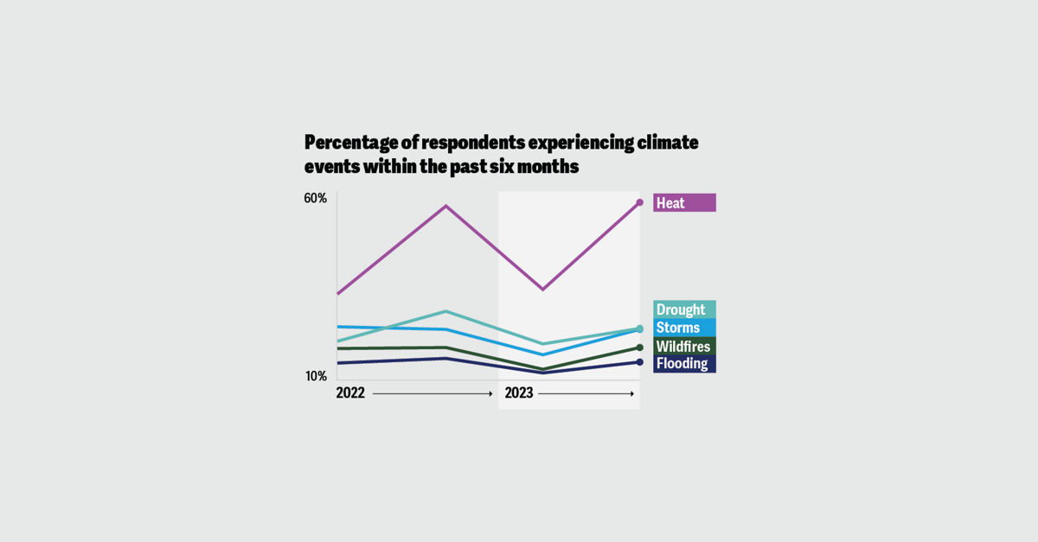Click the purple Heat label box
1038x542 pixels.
click(683, 202)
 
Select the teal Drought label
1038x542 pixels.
click(683, 309)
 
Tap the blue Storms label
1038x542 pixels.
click(683, 328)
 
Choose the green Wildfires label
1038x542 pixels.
click(683, 346)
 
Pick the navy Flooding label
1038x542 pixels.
click(683, 364)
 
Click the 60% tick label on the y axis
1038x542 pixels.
click(315, 198)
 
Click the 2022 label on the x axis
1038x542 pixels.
click(350, 393)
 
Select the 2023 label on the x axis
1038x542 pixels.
click(518, 393)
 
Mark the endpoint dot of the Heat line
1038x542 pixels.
click(640, 202)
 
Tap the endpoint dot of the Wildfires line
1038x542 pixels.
click(640, 348)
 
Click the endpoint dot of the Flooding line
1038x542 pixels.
click(640, 362)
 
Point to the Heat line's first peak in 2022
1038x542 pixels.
click(445, 206)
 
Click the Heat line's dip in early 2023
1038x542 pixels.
click(542, 289)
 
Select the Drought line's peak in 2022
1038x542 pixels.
click(445, 311)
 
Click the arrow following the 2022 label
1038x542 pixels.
click(432, 393)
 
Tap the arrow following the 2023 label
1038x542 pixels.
click(586, 393)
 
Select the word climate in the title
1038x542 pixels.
click(667, 142)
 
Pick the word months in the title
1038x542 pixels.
click(548, 167)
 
